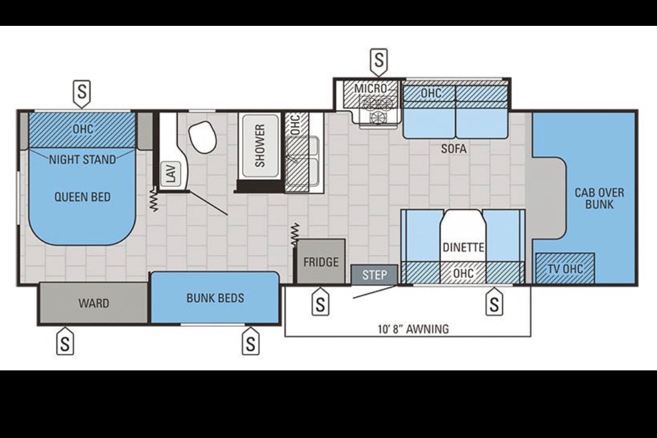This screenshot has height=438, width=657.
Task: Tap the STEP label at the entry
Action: click(374, 275)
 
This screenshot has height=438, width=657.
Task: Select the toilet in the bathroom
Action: click(203, 137)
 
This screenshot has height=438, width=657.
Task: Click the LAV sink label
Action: click(171, 173)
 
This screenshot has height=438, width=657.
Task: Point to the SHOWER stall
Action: click(260, 146)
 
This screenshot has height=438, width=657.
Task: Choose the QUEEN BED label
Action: click(82, 196)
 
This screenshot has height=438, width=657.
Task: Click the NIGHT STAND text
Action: click(82, 160)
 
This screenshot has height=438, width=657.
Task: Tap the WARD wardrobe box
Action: click(93, 303)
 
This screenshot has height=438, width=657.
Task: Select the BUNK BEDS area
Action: click(215, 297)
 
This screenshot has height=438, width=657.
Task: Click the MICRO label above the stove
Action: click(370, 88)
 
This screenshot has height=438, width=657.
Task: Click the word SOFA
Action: click(454, 148)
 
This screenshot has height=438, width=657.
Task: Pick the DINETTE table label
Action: click(464, 248)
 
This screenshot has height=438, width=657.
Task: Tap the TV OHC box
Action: click(565, 268)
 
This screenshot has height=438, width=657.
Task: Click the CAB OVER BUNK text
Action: click(599, 199)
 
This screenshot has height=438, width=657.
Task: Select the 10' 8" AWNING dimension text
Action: click(413, 329)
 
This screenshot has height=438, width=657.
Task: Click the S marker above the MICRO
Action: click(379, 60)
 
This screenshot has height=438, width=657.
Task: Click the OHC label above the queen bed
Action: click(83, 129)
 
